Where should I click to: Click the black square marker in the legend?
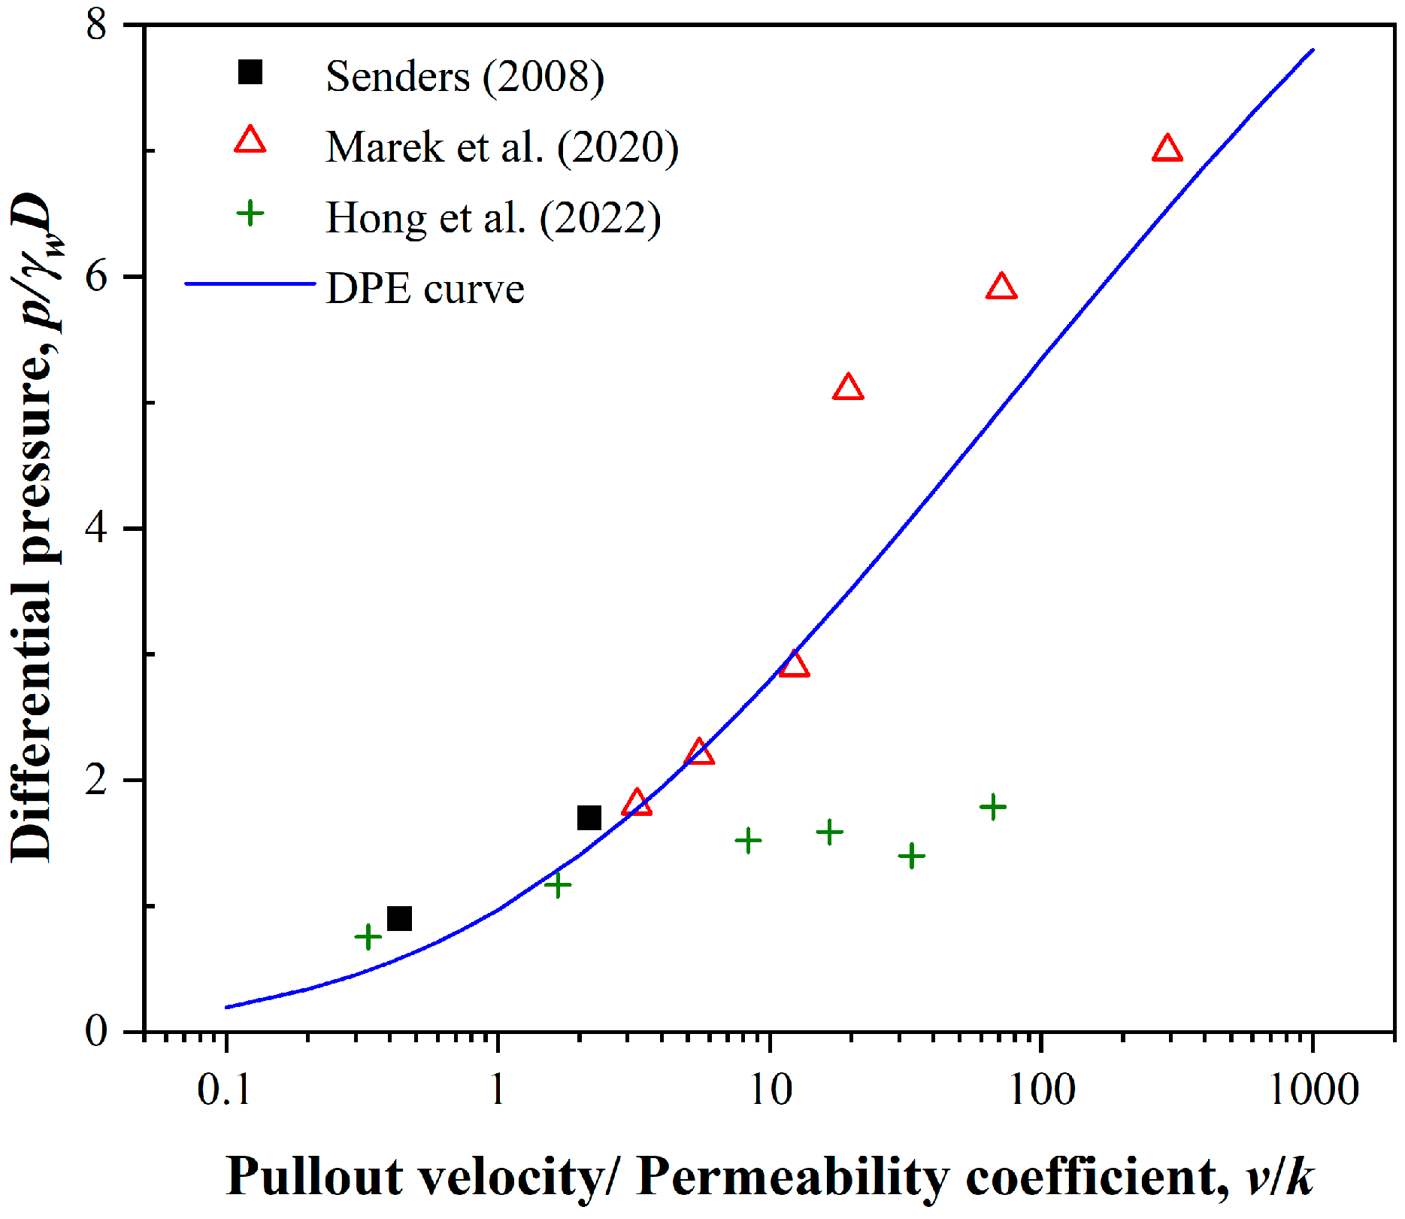250,73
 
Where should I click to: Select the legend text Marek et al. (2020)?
501,147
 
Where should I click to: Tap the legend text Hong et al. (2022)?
493,218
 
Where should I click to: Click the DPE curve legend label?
425,289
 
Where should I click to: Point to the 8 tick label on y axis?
97,25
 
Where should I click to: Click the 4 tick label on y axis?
97,528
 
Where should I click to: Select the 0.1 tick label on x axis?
223,1090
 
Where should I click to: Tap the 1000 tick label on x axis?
1313,1090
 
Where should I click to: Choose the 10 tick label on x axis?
771,1090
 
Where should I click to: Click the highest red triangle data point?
1167,150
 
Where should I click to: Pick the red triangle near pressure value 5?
848,388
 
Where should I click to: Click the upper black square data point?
589,817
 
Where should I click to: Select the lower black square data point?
399,918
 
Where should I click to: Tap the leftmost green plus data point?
368,937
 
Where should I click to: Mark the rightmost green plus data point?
992,807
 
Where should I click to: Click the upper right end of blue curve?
1313,50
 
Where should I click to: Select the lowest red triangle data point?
637,804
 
